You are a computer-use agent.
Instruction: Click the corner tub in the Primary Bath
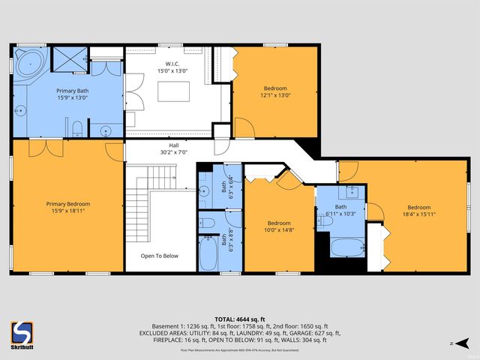(x=30, y=63)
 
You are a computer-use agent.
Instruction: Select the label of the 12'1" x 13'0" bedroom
(x=274, y=91)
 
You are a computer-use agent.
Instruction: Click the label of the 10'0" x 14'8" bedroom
(x=280, y=226)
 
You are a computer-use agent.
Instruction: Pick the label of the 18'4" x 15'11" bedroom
(x=420, y=211)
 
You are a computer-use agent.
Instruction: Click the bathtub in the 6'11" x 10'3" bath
(x=346, y=248)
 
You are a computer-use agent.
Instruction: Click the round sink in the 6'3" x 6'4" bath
(x=204, y=192)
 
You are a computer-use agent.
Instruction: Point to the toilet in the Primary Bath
(x=77, y=126)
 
